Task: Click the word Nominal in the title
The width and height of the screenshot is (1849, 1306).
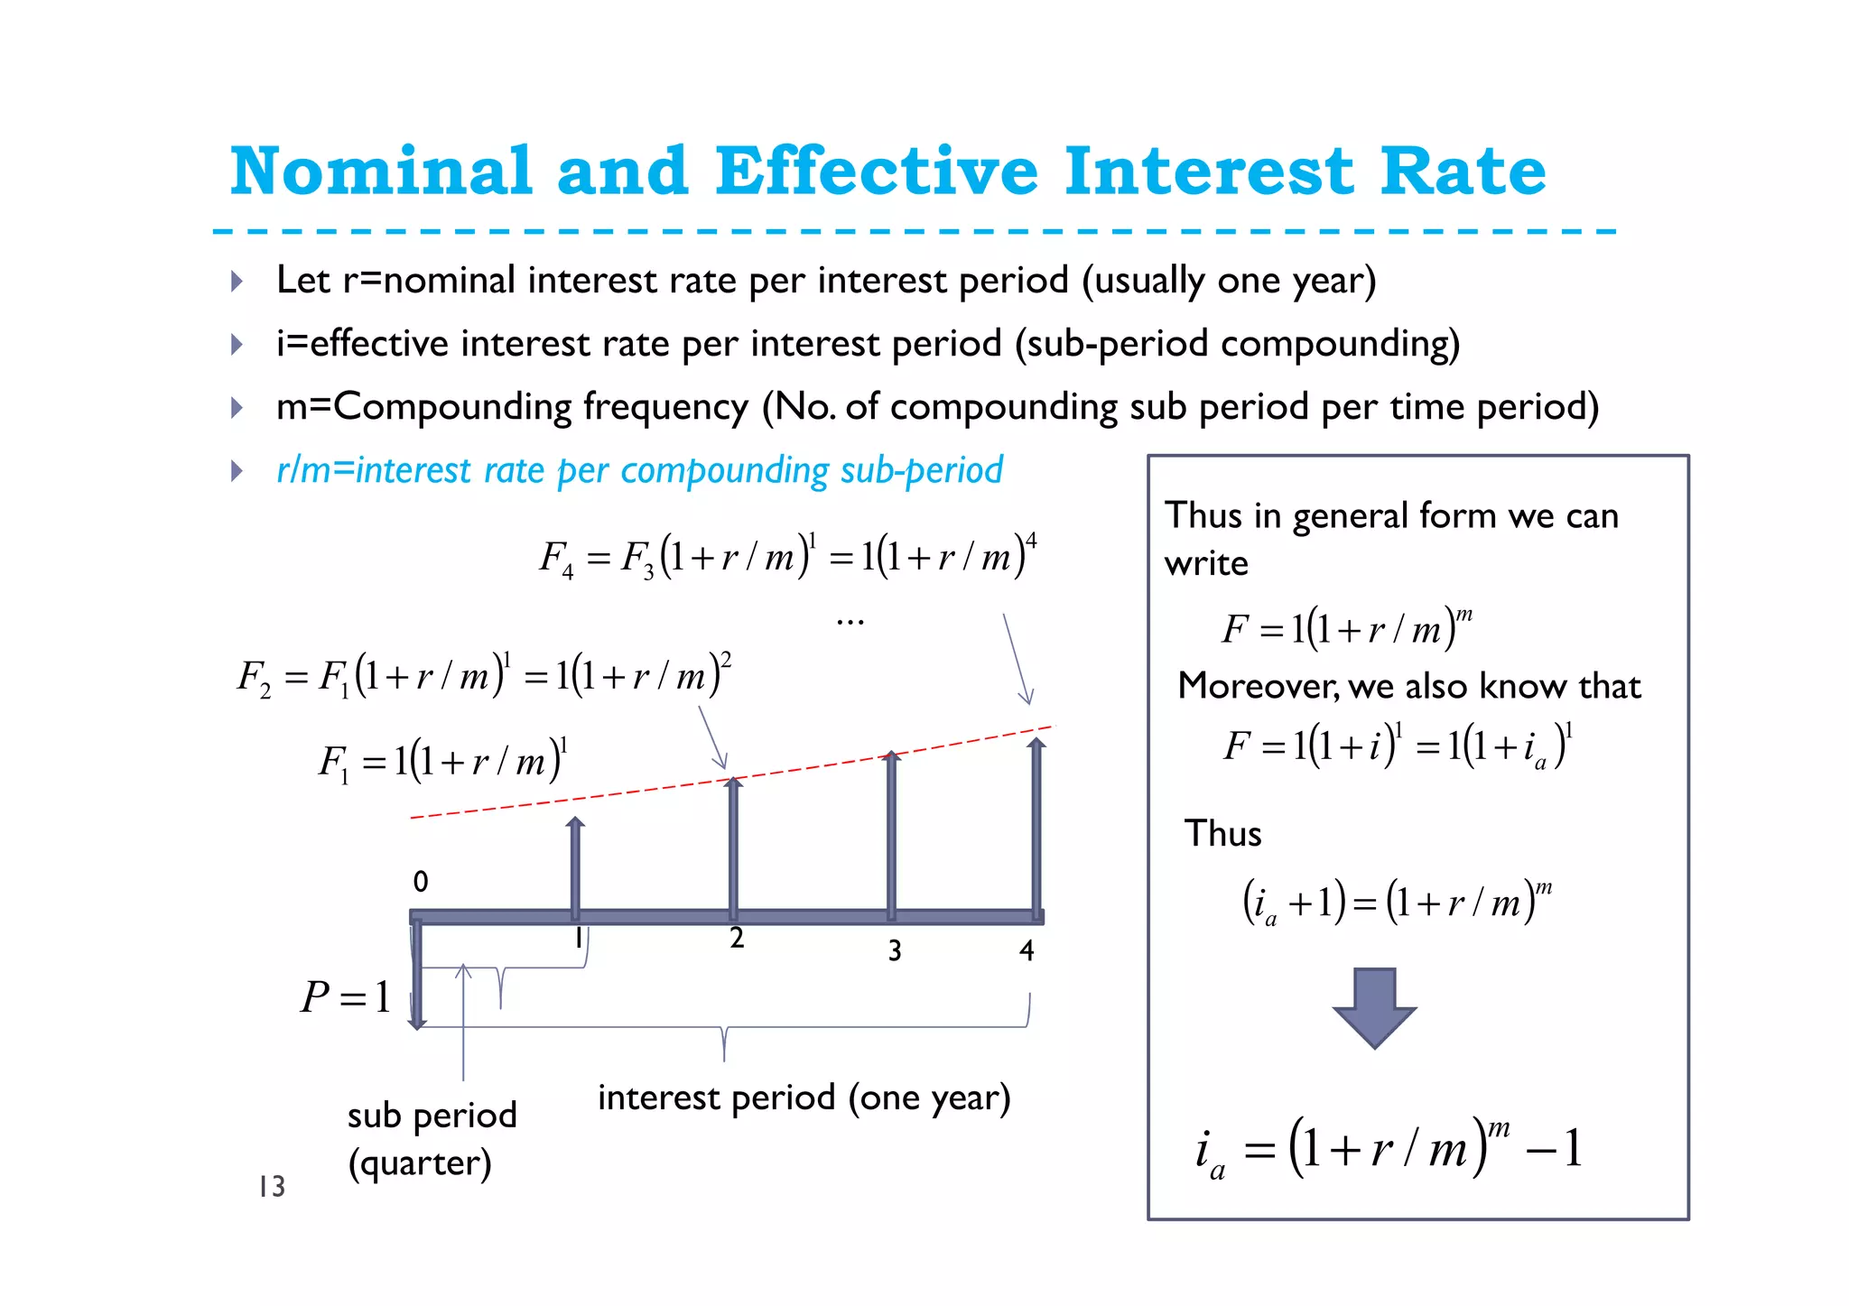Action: (381, 171)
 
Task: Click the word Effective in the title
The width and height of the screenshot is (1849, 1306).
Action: (876, 171)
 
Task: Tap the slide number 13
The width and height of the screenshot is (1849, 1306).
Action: (271, 1186)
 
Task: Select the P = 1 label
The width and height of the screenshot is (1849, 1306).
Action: (346, 997)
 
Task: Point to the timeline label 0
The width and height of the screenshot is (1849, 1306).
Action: (421, 882)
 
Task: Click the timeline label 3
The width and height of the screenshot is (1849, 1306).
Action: (894, 950)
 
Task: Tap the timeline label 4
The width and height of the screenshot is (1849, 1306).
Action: (1027, 950)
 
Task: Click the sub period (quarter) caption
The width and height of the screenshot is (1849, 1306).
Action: (432, 1139)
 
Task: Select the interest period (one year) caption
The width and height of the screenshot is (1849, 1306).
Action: (804, 1098)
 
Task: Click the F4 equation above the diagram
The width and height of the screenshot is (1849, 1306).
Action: (787, 556)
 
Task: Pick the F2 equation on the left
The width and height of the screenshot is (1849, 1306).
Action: (483, 675)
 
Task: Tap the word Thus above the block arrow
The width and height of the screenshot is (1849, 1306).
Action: (1222, 833)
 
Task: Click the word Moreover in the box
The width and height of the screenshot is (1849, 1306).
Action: (1259, 686)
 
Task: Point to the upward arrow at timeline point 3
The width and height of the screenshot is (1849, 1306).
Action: (892, 835)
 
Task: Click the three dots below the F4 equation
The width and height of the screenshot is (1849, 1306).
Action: (850, 622)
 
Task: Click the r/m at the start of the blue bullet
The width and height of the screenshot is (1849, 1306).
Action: (303, 470)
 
